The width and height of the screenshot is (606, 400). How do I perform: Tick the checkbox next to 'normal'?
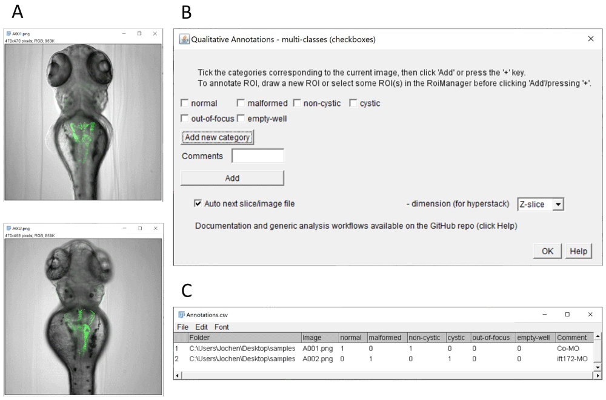click(x=185, y=103)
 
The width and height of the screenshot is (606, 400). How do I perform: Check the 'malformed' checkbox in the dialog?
click(x=241, y=103)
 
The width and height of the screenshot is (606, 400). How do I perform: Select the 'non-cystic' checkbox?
click(x=297, y=103)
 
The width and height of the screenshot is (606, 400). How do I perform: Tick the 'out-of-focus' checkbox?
click(x=185, y=119)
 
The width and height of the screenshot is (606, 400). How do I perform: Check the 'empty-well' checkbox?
click(x=241, y=119)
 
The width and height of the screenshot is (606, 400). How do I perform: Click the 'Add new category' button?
click(x=217, y=137)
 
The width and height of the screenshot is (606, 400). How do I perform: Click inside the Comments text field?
click(x=258, y=156)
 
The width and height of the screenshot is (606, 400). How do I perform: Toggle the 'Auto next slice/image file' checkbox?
click(x=198, y=204)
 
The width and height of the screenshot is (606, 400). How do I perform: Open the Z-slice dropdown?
click(x=559, y=205)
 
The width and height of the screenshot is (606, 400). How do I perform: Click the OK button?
click(x=547, y=251)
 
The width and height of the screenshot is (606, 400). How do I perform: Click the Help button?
click(x=578, y=251)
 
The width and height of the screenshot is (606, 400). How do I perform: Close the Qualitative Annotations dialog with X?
click(x=591, y=39)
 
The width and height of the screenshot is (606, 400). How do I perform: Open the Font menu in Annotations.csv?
click(x=222, y=327)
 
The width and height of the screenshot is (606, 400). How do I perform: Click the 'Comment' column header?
click(x=571, y=338)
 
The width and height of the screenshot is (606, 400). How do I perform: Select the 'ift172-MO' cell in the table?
click(x=572, y=359)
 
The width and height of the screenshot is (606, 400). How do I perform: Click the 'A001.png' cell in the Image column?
click(x=318, y=349)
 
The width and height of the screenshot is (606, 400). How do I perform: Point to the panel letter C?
click(x=187, y=290)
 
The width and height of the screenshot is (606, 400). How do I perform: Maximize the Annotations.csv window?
click(x=567, y=315)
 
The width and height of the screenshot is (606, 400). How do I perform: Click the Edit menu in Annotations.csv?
click(x=201, y=327)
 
